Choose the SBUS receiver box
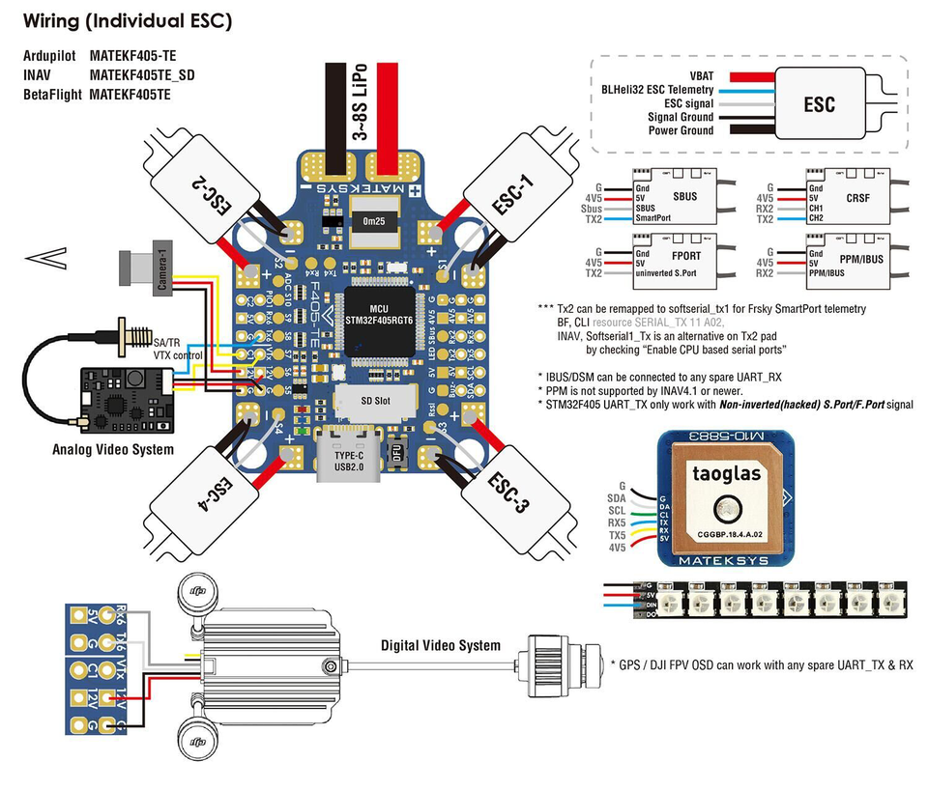pos(674,201)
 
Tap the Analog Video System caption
pos(113,449)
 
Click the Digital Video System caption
pos(441,645)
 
